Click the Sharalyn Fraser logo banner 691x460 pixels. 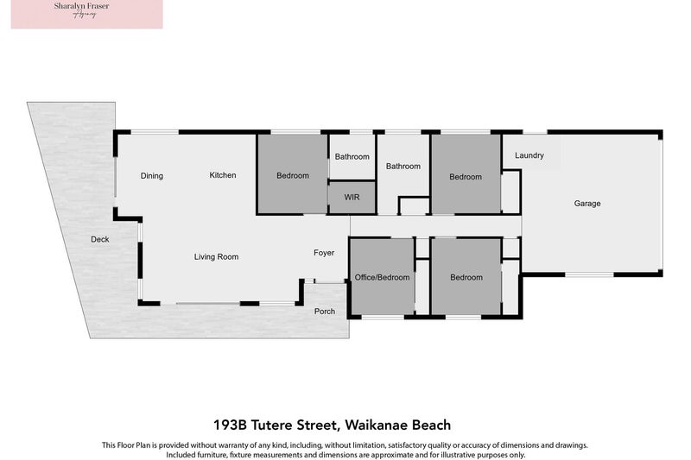(86, 15)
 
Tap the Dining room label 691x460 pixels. (152, 176)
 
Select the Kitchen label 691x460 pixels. (223, 175)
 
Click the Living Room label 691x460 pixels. (216, 256)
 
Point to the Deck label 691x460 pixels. (100, 239)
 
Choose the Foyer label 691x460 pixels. (324, 253)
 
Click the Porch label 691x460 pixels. (325, 312)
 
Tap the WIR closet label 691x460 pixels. (352, 198)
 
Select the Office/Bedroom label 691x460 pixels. (383, 277)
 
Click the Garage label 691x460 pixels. (587, 204)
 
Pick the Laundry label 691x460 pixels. (529, 155)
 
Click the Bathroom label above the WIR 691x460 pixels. (352, 157)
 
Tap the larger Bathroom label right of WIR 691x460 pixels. (403, 167)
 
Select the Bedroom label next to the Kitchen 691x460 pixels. (293, 176)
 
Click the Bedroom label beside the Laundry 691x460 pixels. (466, 177)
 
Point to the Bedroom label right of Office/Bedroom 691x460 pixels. (466, 277)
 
